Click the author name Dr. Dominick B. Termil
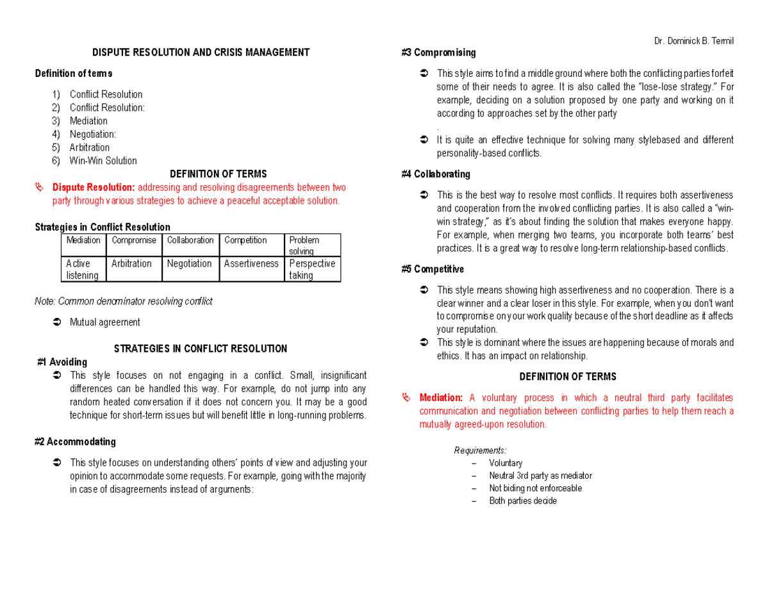[x=693, y=42]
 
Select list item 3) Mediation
[x=88, y=121]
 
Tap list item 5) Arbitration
[x=89, y=147]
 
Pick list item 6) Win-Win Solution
[x=103, y=161]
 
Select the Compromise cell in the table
[x=133, y=240]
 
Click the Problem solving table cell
[x=312, y=245]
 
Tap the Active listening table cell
[x=83, y=269]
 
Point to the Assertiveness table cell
[x=251, y=263]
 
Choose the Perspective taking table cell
[x=312, y=269]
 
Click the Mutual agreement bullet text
[x=104, y=322]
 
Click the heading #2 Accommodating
[x=75, y=441]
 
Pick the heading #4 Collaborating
[x=436, y=174]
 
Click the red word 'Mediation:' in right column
[x=441, y=398]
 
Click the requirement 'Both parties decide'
[x=522, y=501]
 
